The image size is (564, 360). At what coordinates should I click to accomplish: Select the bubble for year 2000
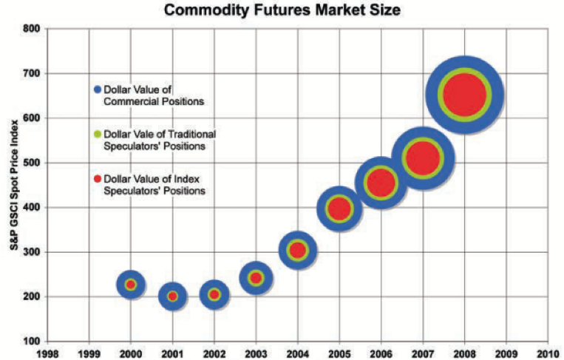[131, 285]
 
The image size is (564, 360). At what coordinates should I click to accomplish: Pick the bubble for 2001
[172, 296]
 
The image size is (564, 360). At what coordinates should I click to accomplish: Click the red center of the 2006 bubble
[381, 183]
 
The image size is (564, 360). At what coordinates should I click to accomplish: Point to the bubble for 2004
[297, 251]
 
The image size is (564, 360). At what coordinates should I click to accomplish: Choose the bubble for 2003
[256, 278]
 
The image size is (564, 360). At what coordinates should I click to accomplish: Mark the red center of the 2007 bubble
[422, 157]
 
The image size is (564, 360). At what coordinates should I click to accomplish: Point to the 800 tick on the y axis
[32, 30]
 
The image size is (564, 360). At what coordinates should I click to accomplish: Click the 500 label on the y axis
[32, 163]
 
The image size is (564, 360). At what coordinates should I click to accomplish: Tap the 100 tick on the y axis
[32, 342]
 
